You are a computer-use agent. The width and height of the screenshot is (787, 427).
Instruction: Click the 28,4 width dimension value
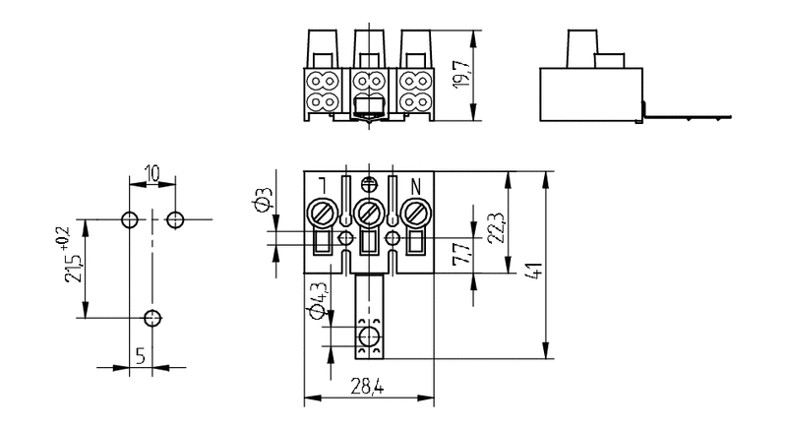point(366,388)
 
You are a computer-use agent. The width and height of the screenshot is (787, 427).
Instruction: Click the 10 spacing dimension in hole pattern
point(151,174)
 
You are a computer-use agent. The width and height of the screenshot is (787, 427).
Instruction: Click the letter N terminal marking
point(415,184)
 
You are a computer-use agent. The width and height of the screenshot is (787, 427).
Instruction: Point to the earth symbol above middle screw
point(369,182)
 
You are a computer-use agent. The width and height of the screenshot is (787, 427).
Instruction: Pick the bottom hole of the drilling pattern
point(152,317)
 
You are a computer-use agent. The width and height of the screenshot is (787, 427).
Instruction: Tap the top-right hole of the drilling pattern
point(175,218)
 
